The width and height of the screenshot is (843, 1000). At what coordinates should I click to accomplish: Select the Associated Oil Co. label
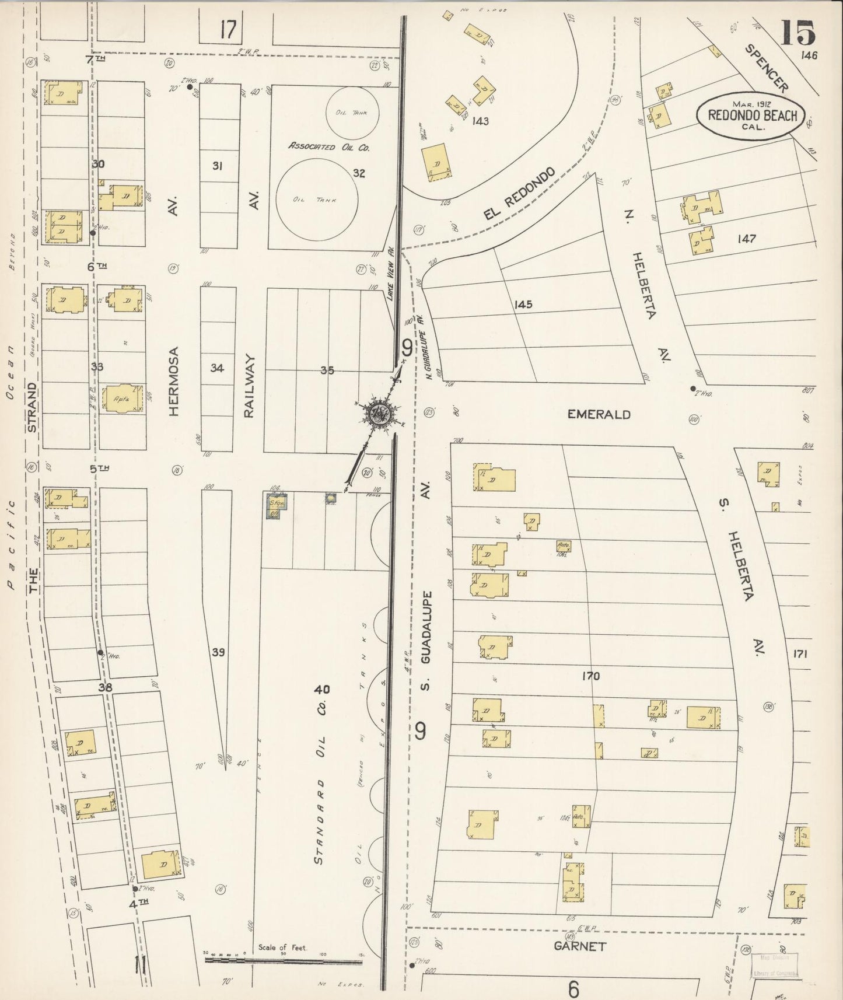tap(329, 147)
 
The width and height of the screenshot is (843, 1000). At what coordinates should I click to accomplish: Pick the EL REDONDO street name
tap(518, 195)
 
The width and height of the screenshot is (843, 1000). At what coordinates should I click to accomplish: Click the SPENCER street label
tap(766, 68)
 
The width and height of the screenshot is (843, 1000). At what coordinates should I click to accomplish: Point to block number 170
tap(590, 676)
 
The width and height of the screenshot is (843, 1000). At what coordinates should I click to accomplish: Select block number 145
tap(523, 305)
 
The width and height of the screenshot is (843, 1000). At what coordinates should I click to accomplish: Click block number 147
tap(746, 238)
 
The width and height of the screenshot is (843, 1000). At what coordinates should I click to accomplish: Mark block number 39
tap(218, 652)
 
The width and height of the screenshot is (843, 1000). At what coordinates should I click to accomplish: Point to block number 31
tap(217, 166)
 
